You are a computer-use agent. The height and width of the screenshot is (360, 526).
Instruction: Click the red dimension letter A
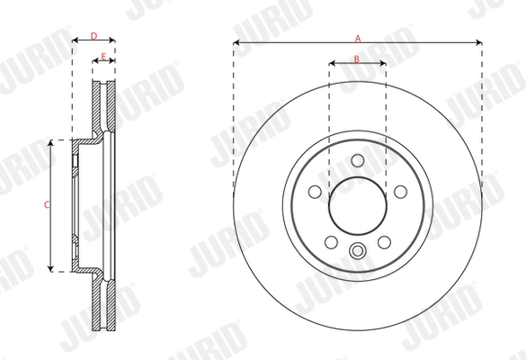coord(358,38)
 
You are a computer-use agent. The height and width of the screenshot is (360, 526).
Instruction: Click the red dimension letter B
coord(357,58)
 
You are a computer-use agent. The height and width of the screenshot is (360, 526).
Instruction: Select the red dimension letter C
coord(46,205)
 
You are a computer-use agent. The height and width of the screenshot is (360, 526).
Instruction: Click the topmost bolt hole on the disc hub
coord(357,161)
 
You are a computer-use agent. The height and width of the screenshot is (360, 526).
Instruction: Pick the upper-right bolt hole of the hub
coord(398,191)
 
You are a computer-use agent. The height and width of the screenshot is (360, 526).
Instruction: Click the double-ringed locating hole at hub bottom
coord(357,251)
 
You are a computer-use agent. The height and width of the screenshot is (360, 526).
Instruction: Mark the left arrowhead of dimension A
coord(236,42)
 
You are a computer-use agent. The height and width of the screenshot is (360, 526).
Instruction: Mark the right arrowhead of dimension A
coord(479,42)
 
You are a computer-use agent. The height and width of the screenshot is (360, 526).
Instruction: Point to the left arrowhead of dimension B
coord(331,64)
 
